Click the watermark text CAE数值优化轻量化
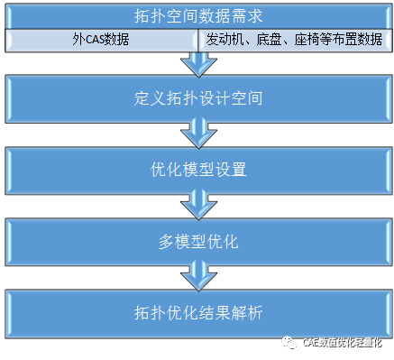[x=344, y=343]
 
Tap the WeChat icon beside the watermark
[x=289, y=343]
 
